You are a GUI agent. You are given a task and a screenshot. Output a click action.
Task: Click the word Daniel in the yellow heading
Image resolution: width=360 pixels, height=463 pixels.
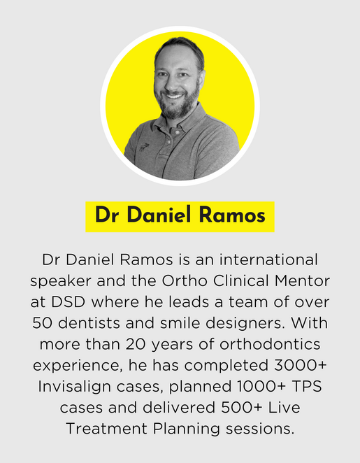157,216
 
